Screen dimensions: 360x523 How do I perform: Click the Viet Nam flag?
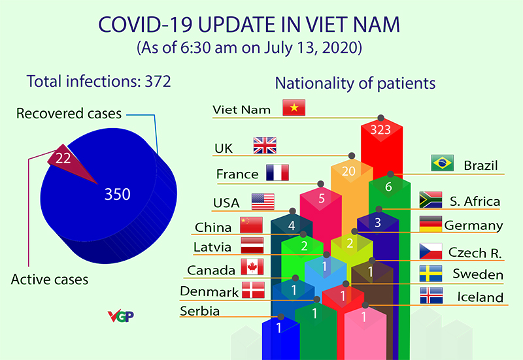tap(294, 108)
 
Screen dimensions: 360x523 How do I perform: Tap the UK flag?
tap(265, 146)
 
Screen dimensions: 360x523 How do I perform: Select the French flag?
tap(277, 173)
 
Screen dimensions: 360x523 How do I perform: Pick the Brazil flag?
tap(443, 163)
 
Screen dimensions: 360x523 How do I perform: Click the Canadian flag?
tap(252, 267)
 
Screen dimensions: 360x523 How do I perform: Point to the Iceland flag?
tap(431, 295)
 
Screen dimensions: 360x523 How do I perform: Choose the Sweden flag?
tap(431, 273)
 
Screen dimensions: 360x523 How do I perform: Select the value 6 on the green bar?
tap(388, 187)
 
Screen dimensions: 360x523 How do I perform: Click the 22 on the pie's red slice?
tap(63, 157)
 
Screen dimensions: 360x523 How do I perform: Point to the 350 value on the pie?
tap(118, 194)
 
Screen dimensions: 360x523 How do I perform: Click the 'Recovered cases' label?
tap(69, 114)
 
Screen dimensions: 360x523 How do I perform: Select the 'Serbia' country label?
tap(200, 310)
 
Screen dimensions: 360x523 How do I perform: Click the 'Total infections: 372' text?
tap(98, 82)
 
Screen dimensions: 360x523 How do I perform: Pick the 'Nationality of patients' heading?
tap(355, 84)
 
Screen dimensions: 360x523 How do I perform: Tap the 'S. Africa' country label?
tap(474, 201)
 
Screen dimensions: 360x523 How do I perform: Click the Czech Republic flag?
tap(431, 251)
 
